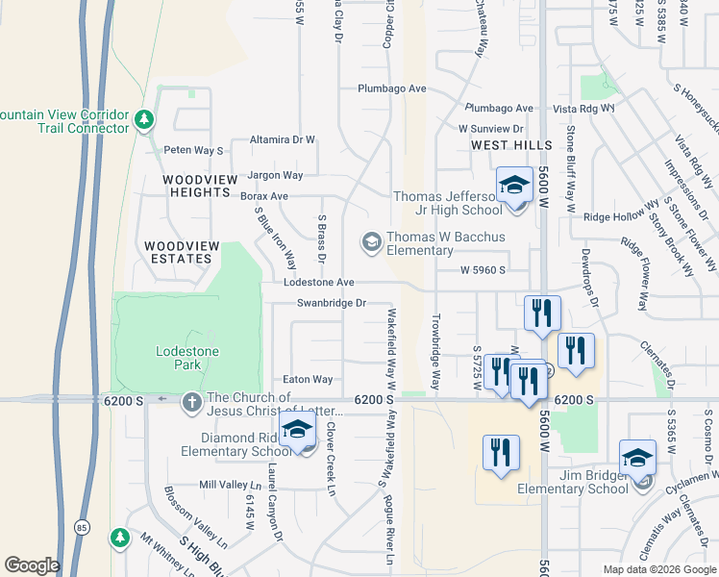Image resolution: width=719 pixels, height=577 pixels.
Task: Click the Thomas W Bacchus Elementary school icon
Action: tap(371, 242)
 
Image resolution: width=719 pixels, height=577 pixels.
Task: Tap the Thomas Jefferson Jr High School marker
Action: tap(514, 186)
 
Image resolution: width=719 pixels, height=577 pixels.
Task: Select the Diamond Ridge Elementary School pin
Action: tap(297, 434)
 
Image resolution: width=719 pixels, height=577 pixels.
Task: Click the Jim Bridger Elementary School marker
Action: tap(637, 460)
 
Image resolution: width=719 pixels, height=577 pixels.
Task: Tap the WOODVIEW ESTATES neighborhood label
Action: tap(178, 252)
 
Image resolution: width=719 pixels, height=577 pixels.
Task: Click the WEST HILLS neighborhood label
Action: tap(511, 145)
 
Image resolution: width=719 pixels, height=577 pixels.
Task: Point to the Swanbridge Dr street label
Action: tap(332, 303)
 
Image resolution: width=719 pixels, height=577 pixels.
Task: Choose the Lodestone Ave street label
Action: tap(319, 283)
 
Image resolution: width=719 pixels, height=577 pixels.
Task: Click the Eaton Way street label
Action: tap(308, 380)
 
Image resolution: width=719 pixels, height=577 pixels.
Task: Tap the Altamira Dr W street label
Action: tap(283, 139)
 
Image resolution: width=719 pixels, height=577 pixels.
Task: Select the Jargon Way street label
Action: tap(275, 176)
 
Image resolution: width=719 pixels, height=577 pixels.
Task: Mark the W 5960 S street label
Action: tap(482, 270)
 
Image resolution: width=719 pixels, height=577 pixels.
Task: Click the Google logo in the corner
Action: tap(32, 565)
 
